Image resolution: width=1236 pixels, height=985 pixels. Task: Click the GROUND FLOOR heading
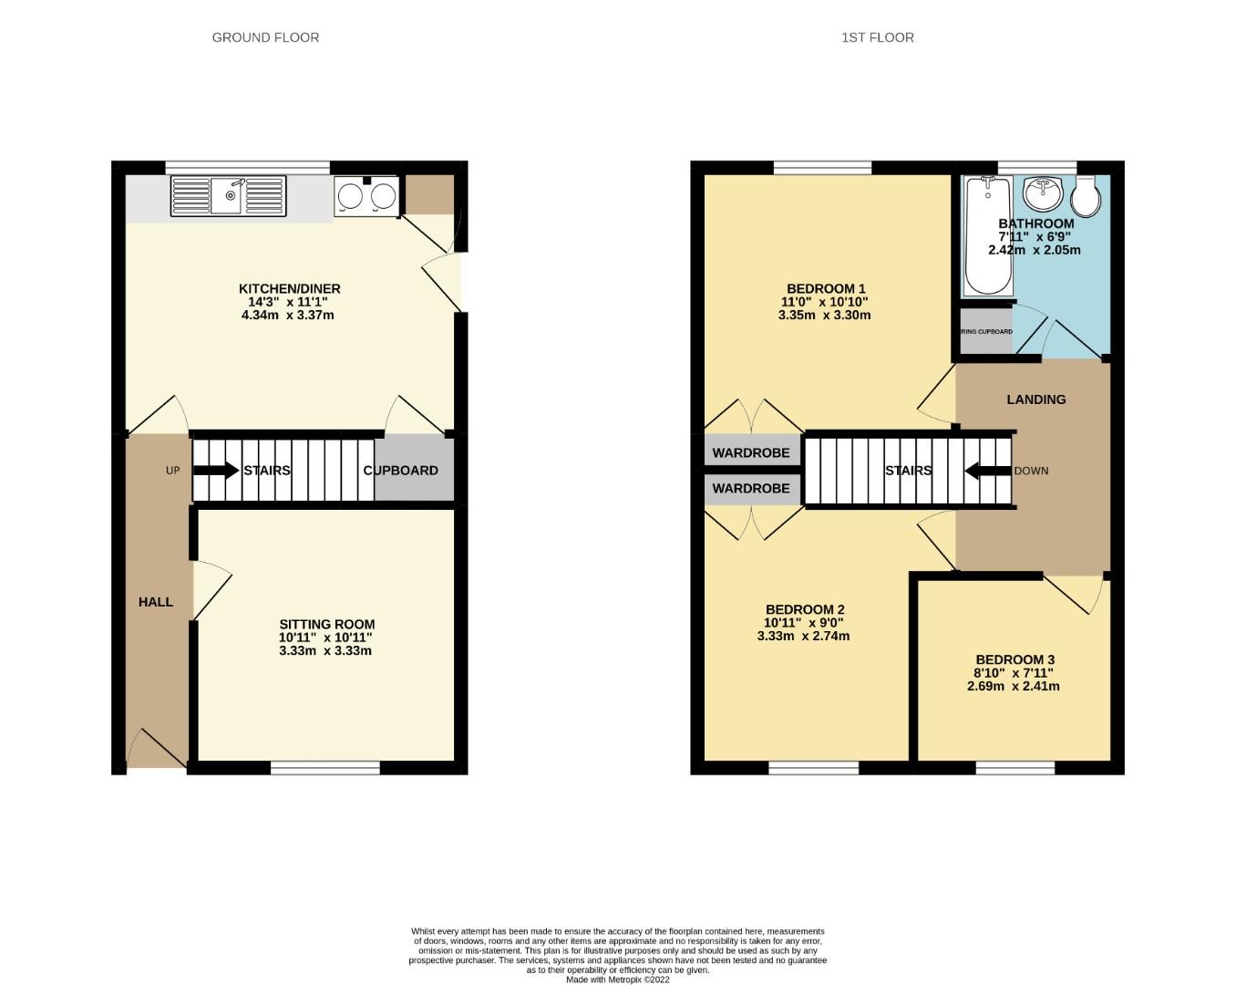point(265,37)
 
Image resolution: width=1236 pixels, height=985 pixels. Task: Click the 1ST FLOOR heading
point(877,37)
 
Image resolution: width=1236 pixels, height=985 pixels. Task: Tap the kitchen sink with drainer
point(229,195)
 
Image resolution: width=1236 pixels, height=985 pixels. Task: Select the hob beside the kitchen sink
point(367,196)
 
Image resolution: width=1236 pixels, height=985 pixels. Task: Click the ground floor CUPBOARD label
point(400,471)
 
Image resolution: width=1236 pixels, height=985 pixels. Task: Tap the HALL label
point(156,602)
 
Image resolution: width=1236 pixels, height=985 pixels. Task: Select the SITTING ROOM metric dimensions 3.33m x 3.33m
point(325,651)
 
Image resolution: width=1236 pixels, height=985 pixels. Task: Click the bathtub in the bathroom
point(986,235)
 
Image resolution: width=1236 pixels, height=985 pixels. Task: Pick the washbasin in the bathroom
point(1042,193)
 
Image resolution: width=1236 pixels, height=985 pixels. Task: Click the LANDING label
point(1035,399)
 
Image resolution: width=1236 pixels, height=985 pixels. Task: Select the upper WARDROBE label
point(751,452)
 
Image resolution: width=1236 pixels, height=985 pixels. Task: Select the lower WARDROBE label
point(751,488)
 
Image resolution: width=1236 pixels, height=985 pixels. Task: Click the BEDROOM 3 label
point(1015,659)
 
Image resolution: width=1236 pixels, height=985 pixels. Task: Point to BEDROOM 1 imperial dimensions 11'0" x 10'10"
point(824,302)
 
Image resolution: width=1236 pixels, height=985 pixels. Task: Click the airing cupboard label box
point(986,332)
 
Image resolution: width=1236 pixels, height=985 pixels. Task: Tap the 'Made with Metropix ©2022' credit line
point(617,980)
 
